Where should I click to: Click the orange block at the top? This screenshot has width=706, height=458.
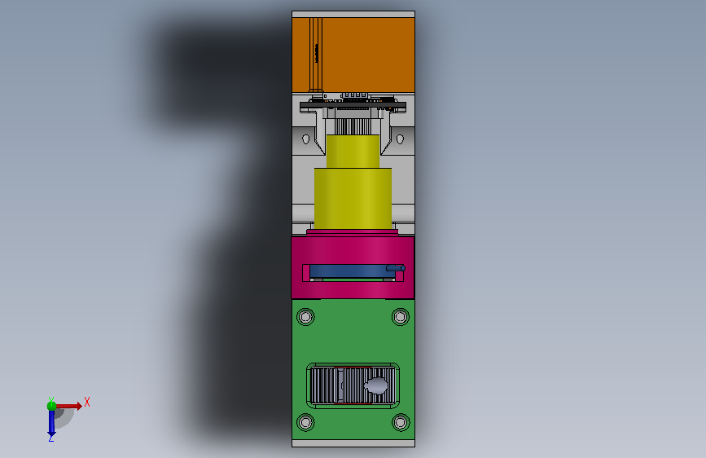[x=353, y=55]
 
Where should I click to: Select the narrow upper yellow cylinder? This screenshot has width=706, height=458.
[x=353, y=152]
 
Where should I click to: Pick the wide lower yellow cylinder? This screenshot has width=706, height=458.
[x=353, y=198]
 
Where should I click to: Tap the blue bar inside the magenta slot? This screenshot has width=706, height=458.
[x=348, y=271]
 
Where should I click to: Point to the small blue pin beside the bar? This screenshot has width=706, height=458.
[x=396, y=268]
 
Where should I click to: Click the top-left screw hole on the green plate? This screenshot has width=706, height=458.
[x=305, y=317]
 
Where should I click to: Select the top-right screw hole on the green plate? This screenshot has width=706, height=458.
[x=401, y=317]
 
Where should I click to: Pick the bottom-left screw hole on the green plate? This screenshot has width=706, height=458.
[x=305, y=422]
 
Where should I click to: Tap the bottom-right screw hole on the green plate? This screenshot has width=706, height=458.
[x=401, y=422]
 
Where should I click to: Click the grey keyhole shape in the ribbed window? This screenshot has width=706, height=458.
[x=376, y=385]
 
